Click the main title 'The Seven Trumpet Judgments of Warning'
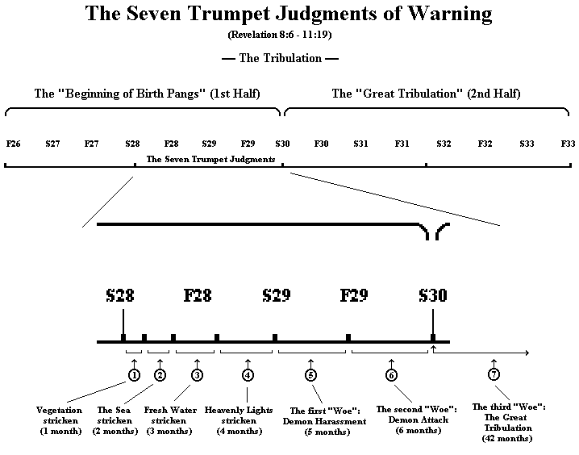click(289, 15)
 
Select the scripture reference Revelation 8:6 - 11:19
click(289, 35)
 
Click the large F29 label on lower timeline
click(355, 295)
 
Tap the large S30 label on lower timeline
click(433, 295)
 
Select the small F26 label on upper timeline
click(13, 143)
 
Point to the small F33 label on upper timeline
click(568, 143)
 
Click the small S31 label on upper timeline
click(361, 143)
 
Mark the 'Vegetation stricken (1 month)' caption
click(60, 420)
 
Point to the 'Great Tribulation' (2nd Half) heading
click(426, 94)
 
